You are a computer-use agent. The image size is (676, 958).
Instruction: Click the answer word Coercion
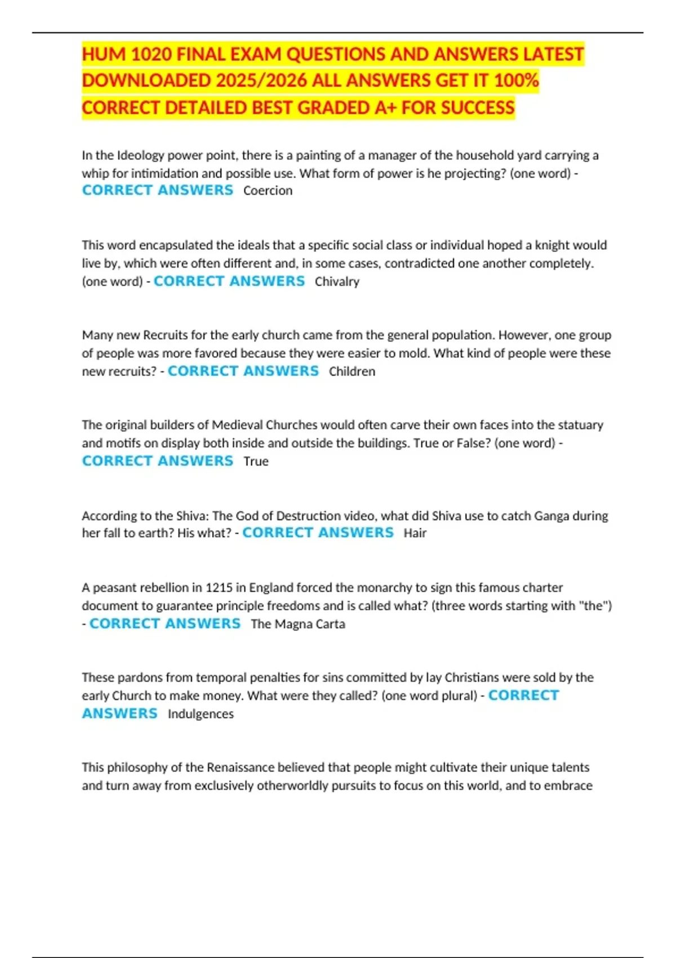click(x=268, y=190)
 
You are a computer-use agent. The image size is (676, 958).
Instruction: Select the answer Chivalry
click(x=337, y=281)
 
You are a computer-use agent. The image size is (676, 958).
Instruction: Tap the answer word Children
click(x=352, y=371)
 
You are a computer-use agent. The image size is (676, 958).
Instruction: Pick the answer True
click(x=256, y=461)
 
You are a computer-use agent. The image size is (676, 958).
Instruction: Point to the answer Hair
click(x=415, y=533)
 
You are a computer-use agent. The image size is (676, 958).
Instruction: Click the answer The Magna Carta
click(x=298, y=624)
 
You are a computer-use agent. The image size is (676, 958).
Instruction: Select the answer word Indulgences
click(x=201, y=713)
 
